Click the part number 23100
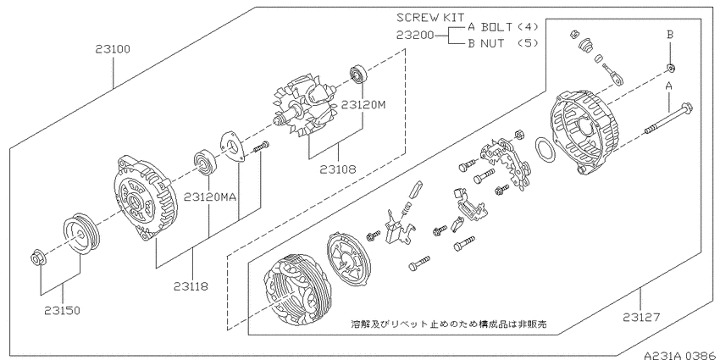113,48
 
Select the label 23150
63,310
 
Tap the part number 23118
191,286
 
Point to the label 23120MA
210,197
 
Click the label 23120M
363,105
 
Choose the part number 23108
339,169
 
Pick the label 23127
641,317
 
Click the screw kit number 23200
415,35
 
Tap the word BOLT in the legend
496,26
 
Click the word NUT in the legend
492,43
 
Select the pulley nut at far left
36,258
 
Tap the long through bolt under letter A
669,119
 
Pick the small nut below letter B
671,69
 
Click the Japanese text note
449,324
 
